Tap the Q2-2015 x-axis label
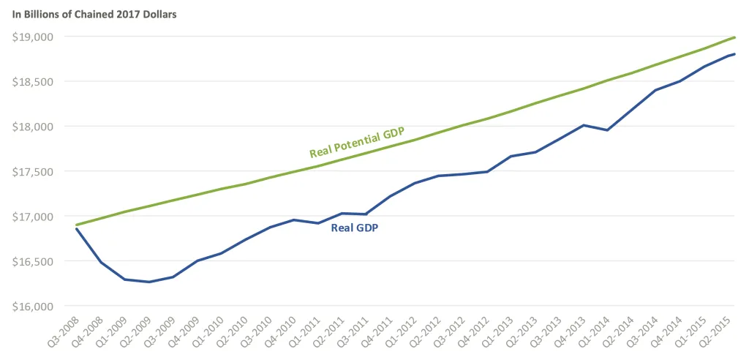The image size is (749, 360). point(719,331)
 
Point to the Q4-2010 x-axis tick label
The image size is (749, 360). point(281,331)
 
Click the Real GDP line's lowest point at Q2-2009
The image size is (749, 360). point(149,282)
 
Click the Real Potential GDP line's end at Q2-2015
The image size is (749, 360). point(734,37)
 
